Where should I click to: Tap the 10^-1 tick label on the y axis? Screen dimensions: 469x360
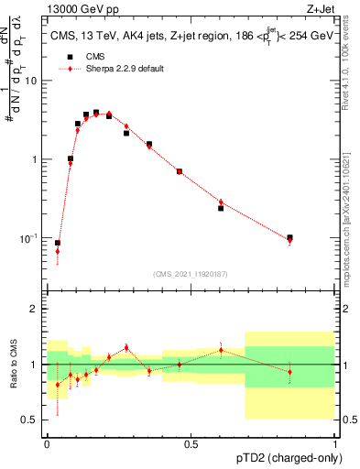pyautogui.click(x=30, y=238)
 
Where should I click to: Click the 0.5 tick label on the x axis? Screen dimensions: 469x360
pyautogui.click(x=191, y=443)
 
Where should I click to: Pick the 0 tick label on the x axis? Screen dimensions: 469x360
pyautogui.click(x=46, y=443)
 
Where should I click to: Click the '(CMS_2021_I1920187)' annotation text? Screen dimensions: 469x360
pyautogui.click(x=191, y=273)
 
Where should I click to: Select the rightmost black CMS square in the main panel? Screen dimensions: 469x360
pyautogui.click(x=289, y=237)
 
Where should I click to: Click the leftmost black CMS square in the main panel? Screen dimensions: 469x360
pyautogui.click(x=58, y=243)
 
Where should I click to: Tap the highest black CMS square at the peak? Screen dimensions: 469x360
pyautogui.click(x=95, y=113)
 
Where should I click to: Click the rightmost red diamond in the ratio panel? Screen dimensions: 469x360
pyautogui.click(x=289, y=372)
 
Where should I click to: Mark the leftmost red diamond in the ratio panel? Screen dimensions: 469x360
pyautogui.click(x=58, y=385)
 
